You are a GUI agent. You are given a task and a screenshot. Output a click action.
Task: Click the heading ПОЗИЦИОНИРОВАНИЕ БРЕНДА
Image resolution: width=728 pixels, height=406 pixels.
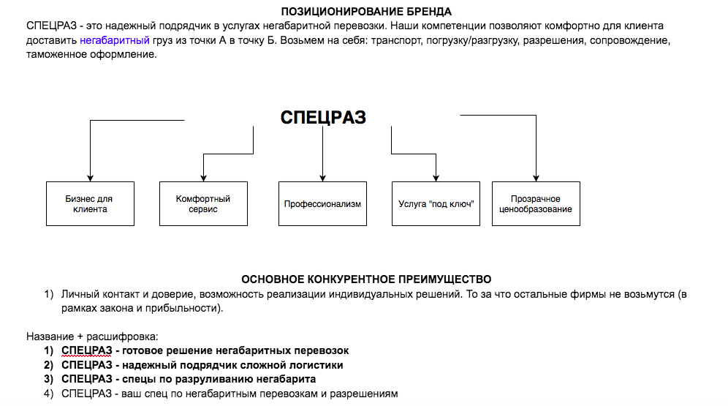366,12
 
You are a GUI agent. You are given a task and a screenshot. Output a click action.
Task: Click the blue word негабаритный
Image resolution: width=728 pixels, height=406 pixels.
115,40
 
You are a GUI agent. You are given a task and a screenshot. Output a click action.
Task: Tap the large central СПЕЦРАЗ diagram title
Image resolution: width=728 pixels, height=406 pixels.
323,118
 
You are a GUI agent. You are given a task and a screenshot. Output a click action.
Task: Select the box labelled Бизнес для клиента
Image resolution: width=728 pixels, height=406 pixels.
90,203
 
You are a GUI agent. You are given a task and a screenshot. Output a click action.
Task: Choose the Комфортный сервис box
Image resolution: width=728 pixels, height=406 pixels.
203,203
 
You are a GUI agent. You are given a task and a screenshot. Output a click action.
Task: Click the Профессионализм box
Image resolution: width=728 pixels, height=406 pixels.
322,203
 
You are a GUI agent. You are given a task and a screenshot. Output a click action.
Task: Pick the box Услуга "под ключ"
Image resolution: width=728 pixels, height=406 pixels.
436,203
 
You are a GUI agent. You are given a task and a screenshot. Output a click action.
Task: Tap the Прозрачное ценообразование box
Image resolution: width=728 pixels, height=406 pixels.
536,203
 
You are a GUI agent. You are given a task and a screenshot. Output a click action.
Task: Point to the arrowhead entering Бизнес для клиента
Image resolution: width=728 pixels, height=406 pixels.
90,178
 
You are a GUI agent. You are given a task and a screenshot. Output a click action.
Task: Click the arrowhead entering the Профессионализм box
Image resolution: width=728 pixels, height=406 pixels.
322,178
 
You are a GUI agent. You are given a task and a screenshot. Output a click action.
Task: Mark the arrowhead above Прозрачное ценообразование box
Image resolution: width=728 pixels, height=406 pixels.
536,178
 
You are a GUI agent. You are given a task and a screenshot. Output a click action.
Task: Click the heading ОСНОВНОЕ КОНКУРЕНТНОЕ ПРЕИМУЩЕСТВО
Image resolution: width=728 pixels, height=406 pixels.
366,279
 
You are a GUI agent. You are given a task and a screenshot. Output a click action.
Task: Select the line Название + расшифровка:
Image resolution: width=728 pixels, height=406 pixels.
91,337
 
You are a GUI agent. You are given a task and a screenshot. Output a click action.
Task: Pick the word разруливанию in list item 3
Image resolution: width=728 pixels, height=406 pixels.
211,379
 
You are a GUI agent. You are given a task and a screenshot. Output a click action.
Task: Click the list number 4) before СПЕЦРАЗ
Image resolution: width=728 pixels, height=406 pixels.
49,394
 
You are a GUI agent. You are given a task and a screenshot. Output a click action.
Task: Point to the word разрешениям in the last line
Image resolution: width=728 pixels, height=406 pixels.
364,394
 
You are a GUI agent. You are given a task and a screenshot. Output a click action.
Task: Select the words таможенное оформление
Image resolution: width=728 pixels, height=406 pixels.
91,54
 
